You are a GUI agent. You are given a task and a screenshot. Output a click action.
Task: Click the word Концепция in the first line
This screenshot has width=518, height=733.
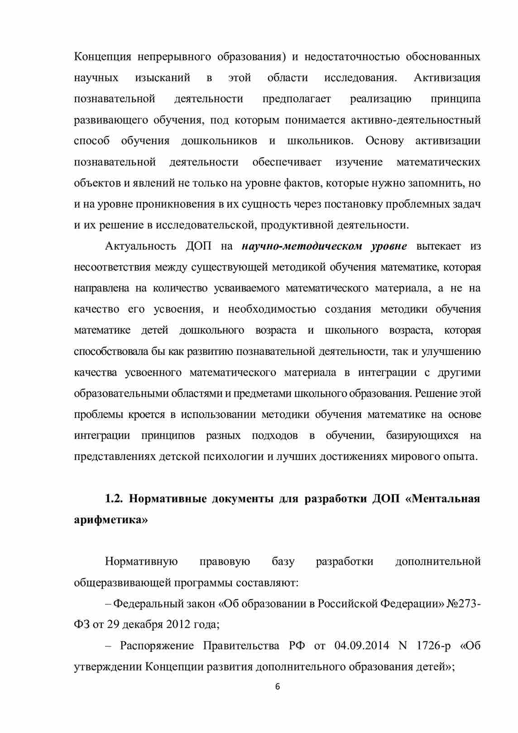[x=102, y=57]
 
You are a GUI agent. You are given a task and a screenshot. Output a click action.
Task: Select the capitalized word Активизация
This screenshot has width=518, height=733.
[x=447, y=78]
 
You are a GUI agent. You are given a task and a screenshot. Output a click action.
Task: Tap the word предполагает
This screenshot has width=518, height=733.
[x=297, y=99]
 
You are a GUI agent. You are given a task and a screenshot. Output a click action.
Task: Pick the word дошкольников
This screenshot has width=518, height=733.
[x=219, y=141]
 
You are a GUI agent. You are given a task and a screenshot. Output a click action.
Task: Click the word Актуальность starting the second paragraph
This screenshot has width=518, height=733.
[x=140, y=246]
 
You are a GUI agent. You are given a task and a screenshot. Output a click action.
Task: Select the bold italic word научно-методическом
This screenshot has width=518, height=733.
[x=302, y=246]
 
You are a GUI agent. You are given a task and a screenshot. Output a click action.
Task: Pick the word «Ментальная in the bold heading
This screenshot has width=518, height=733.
[x=441, y=499]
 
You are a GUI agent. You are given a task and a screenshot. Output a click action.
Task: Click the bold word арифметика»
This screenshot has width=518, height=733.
[x=111, y=519]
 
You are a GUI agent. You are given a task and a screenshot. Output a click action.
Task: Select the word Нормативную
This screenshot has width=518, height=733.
[x=141, y=562]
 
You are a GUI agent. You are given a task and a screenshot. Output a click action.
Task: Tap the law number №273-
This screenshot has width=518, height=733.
[x=464, y=604]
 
